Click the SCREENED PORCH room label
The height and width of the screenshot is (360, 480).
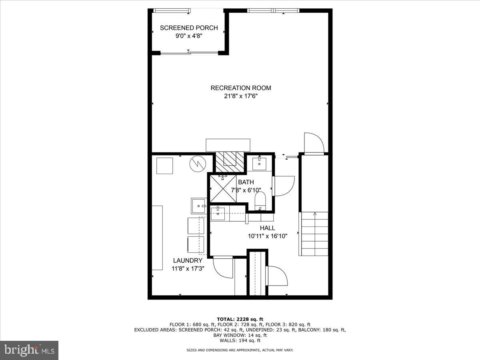pos(189,28)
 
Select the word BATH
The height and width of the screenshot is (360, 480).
pos(246,182)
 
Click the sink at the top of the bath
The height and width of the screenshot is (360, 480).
pos(260,163)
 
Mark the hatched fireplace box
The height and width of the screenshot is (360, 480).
pos(230,159)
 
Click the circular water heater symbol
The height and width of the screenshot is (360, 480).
pos(197,164)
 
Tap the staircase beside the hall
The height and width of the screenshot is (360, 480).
pos(314,234)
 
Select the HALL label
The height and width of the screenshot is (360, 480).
pos(267,228)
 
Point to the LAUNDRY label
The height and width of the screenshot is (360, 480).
pos(188,261)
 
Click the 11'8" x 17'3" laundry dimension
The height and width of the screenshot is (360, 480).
pos(188,269)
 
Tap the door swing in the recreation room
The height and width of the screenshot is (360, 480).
pos(314,143)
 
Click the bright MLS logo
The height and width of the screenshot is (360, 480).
pos(29,350)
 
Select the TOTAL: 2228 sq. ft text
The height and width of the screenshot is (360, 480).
pos(240,319)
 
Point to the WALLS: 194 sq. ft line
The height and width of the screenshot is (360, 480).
pos(240,341)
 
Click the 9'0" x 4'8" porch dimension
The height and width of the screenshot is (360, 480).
pos(189,36)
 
